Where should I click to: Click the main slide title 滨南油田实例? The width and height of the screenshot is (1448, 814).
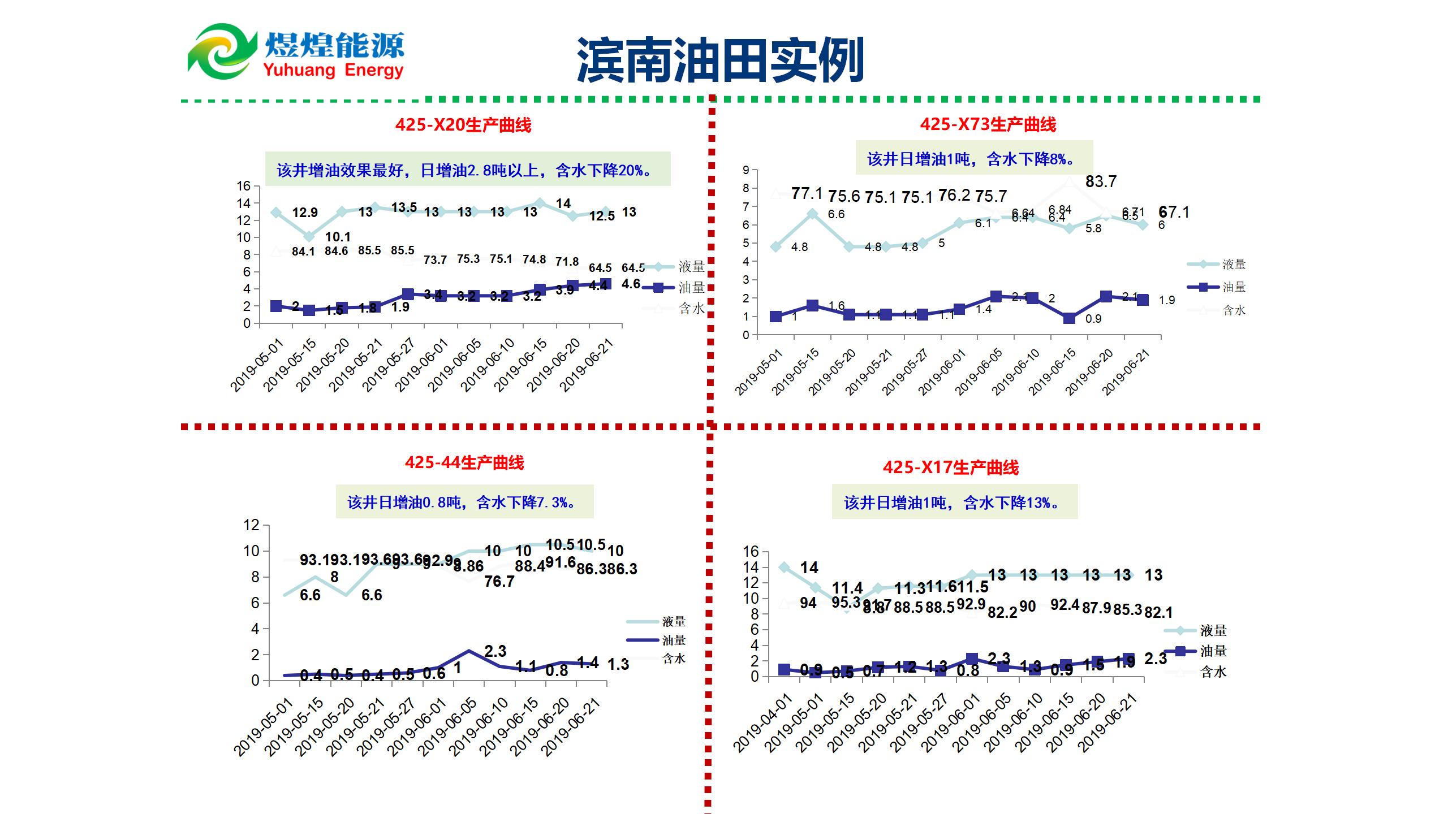(x=720, y=60)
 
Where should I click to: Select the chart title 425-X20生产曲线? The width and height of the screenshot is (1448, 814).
(x=463, y=125)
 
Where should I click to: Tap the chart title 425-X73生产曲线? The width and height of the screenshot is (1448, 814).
(x=988, y=124)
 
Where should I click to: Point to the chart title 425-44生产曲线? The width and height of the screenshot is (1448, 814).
(x=464, y=463)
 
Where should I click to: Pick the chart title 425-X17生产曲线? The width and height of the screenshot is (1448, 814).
(x=950, y=467)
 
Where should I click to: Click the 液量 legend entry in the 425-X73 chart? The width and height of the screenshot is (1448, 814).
(x=1234, y=264)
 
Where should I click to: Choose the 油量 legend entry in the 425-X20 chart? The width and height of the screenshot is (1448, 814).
(x=691, y=287)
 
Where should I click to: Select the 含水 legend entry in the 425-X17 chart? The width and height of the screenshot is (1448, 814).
(x=1213, y=672)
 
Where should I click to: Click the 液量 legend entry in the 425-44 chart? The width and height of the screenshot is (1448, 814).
(x=673, y=621)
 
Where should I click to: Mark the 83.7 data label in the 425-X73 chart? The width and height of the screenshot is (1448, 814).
(x=1101, y=181)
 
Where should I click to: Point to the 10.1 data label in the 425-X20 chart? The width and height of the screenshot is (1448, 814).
(x=338, y=237)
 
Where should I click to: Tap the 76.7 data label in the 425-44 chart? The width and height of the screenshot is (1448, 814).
(x=499, y=581)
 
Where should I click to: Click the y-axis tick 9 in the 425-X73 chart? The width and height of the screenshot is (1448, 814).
(x=746, y=170)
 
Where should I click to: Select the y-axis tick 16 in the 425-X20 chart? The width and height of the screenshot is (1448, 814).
(x=243, y=186)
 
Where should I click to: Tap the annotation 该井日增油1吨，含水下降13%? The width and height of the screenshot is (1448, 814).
(x=954, y=503)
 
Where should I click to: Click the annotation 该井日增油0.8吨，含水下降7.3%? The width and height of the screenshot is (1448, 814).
(x=464, y=502)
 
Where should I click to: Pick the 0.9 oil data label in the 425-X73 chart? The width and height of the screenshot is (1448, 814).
(x=1093, y=319)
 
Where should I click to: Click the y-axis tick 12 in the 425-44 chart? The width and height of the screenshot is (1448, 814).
(x=251, y=525)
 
